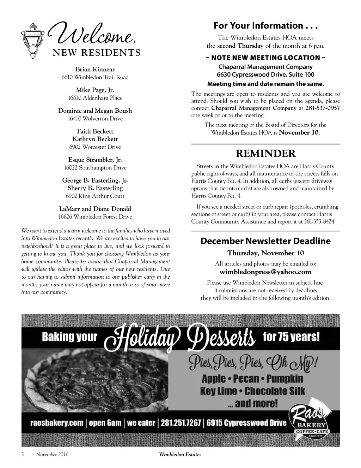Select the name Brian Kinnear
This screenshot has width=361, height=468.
click(95, 70)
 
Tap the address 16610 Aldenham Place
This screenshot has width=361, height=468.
click(95, 98)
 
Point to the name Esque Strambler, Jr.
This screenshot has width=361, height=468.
click(95, 160)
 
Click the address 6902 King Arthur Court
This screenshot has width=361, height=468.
click(95, 196)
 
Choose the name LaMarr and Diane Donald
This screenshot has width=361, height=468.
click(95, 209)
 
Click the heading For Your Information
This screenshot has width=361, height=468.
click(265, 26)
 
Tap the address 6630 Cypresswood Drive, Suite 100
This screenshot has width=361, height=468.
click(265, 75)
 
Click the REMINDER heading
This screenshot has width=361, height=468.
click(265, 154)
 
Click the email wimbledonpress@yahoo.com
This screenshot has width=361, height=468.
click(265, 272)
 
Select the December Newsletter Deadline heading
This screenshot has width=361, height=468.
click(265, 241)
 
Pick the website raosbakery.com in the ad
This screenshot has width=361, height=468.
click(57, 423)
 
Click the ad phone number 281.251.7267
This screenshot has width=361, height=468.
click(181, 423)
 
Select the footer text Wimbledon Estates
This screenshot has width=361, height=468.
click(180, 455)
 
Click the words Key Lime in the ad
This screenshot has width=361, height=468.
click(219, 391)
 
